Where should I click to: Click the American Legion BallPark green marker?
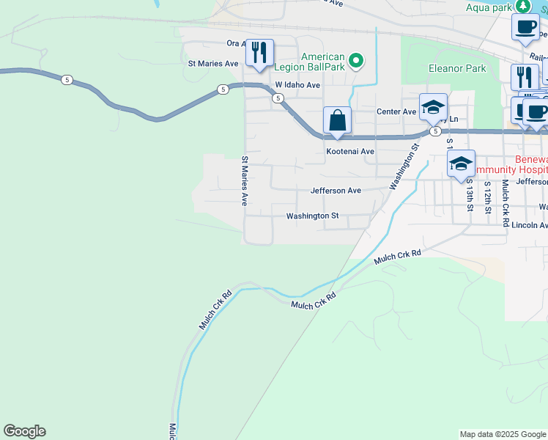pyautogui.click(x=356, y=60)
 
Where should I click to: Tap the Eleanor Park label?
pyautogui.click(x=457, y=69)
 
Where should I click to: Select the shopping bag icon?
pyautogui.click(x=337, y=120)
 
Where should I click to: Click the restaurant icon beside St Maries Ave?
pyautogui.click(x=259, y=53)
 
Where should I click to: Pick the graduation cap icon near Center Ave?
pyautogui.click(x=433, y=106)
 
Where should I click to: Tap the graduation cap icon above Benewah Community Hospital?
pyautogui.click(x=461, y=163)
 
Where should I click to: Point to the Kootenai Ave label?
pyautogui.click(x=350, y=152)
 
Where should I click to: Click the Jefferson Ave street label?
pyautogui.click(x=336, y=191)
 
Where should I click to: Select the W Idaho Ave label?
pyautogui.click(x=297, y=85)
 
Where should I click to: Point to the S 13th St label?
pyautogui.click(x=470, y=194)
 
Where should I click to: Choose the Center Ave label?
pyautogui.click(x=396, y=111)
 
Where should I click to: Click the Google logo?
pyautogui.click(x=24, y=431)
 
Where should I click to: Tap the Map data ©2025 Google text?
pyautogui.click(x=502, y=434)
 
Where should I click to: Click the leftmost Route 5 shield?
pyautogui.click(x=67, y=79)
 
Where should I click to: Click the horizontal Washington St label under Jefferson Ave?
pyautogui.click(x=312, y=216)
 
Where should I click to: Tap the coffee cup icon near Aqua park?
pyautogui.click(x=525, y=27)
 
